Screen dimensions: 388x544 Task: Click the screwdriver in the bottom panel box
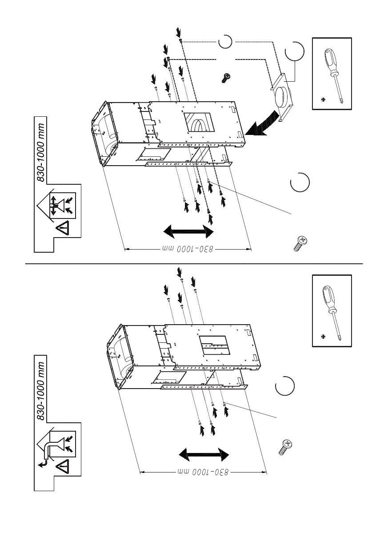tap(332, 311)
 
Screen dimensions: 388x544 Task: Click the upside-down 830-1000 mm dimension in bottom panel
tap(204, 472)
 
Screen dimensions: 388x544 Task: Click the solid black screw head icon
tap(226, 78)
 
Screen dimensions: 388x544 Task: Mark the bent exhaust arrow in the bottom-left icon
tap(48, 451)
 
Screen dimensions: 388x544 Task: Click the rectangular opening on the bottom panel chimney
tap(214, 345)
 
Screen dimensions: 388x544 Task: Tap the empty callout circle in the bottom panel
tap(284, 386)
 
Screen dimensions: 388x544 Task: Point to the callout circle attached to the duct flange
tap(295, 51)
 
